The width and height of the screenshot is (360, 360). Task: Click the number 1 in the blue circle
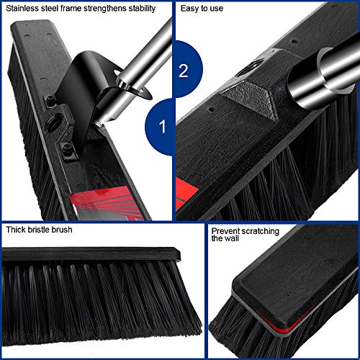click(163, 128)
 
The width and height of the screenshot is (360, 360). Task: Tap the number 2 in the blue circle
click(183, 70)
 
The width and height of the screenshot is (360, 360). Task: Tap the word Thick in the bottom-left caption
click(17, 231)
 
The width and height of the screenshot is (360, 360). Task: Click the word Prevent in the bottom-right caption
click(226, 232)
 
